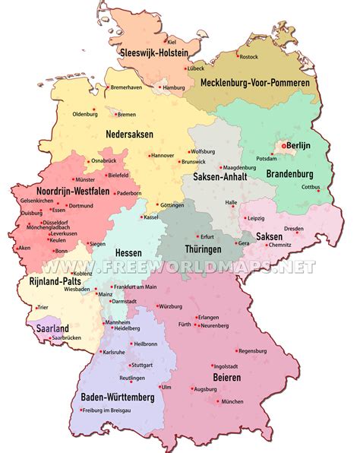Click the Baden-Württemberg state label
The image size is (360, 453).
(117, 398)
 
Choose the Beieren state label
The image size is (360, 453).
(226, 377)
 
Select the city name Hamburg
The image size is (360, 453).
(174, 87)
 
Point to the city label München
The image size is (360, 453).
(232, 401)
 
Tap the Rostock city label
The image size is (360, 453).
(248, 56)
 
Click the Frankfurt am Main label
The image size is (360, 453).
(137, 287)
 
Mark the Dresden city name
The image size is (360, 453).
(295, 228)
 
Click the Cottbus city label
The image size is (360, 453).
(311, 188)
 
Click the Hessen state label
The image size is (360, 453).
(128, 252)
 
